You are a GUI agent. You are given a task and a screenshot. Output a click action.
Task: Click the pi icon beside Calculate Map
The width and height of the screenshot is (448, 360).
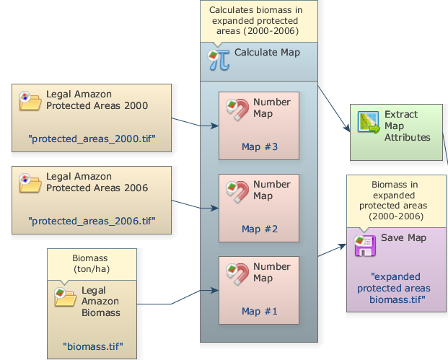[219, 59]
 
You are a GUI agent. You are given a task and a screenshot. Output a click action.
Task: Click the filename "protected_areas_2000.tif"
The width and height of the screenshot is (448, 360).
[92, 138]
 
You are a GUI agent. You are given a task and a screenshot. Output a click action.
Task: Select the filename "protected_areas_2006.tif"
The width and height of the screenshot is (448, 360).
[92, 220]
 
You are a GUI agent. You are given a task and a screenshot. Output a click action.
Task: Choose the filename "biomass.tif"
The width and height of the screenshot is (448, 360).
[92, 346]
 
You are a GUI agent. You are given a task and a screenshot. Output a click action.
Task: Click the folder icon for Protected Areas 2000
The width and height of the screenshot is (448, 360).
[30, 101]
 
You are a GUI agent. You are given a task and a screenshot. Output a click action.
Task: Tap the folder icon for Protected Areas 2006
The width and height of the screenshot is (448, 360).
[30, 183]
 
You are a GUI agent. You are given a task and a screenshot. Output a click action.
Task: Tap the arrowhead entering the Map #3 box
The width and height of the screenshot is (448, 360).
[215, 126]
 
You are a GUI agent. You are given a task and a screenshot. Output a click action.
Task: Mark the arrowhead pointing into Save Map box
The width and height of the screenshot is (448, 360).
[343, 247]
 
